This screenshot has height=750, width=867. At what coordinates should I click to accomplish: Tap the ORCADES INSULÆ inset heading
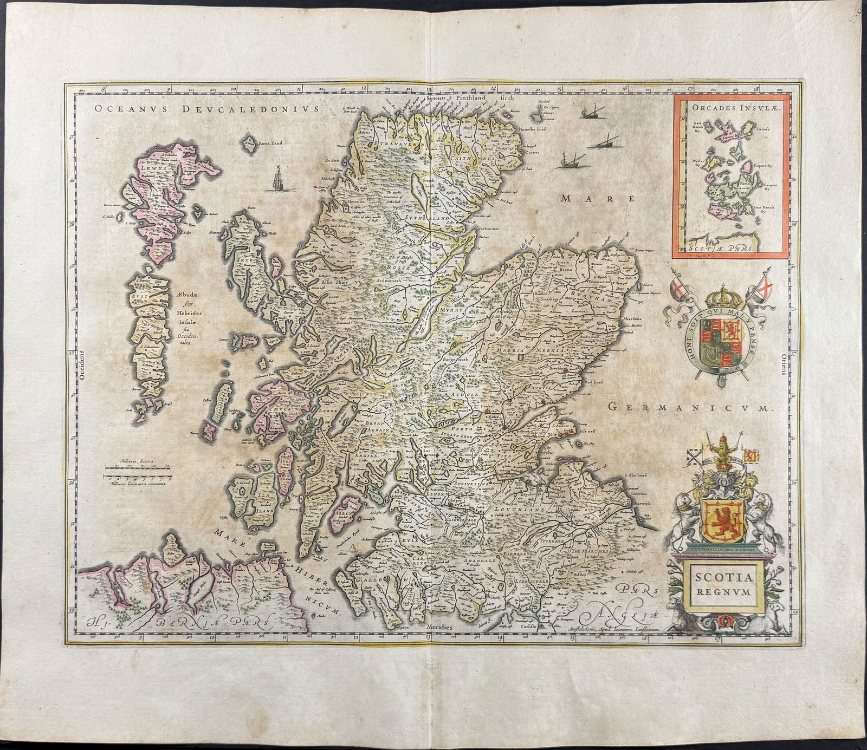pos(729,108)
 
